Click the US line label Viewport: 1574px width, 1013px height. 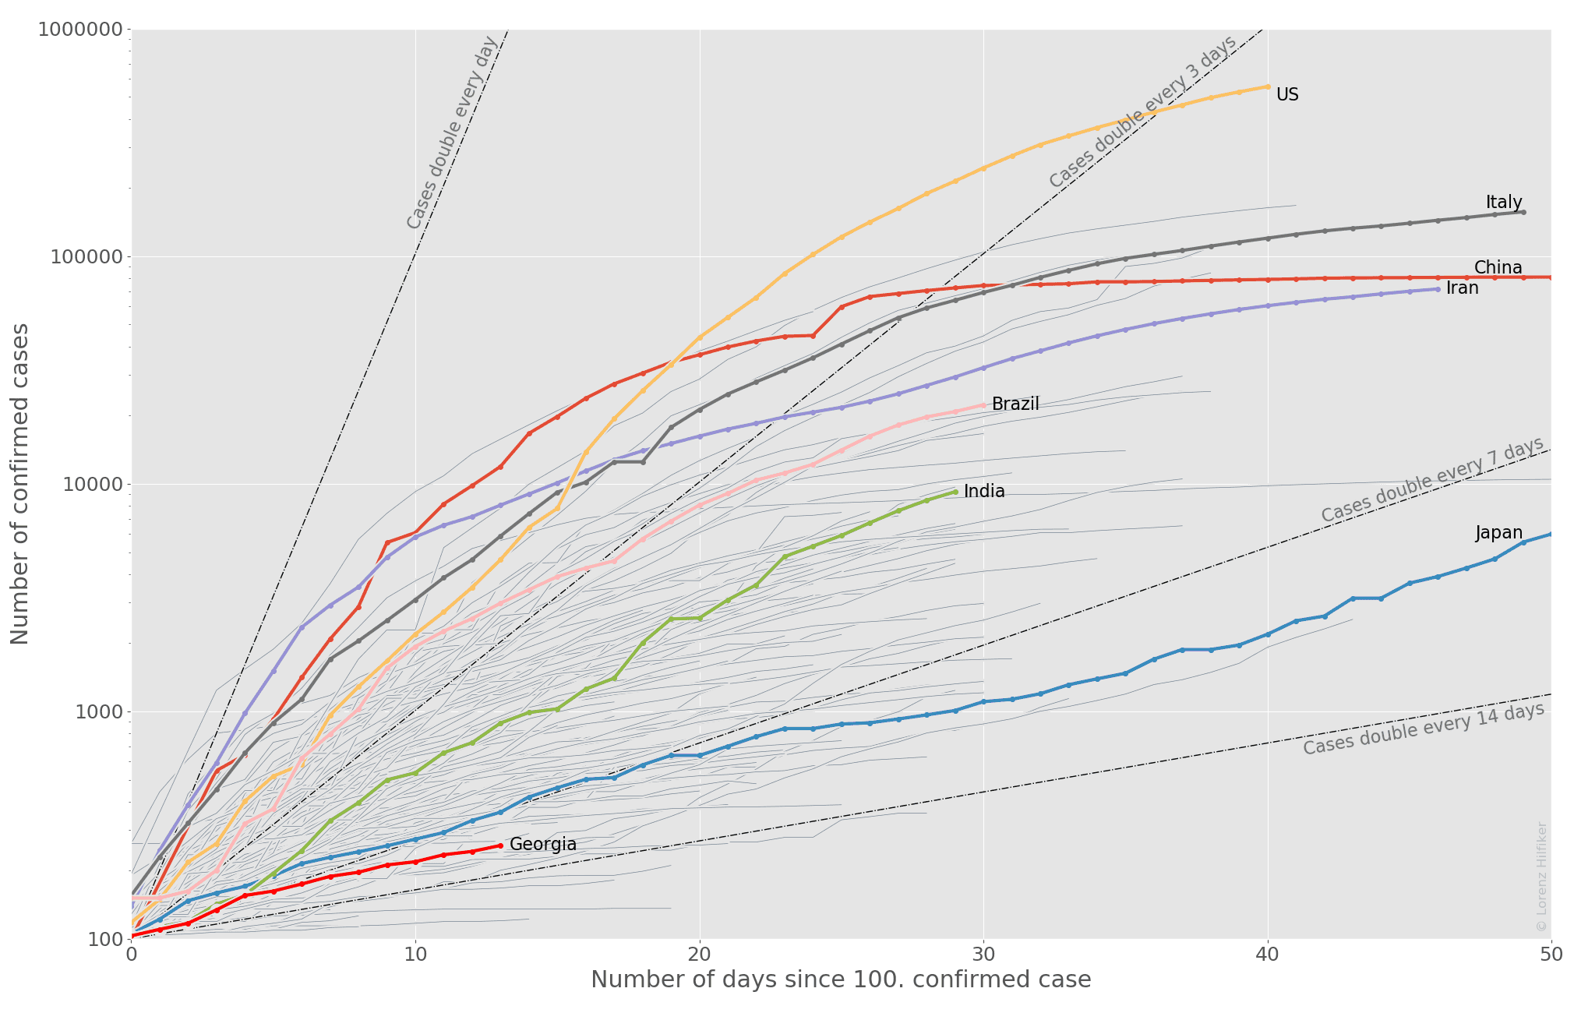(1287, 95)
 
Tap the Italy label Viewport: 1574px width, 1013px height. (1503, 203)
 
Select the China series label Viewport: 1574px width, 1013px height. (1498, 268)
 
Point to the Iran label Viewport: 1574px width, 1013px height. (1462, 288)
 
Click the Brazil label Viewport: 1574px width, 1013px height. (1015, 404)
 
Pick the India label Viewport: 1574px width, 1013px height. (984, 492)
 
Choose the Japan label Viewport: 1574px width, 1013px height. (1498, 533)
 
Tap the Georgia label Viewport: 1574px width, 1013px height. (542, 845)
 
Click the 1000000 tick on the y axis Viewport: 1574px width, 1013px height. (80, 30)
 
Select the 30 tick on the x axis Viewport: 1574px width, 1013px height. (983, 955)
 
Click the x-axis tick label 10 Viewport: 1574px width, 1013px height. (415, 955)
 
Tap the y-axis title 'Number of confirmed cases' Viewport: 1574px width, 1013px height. (19, 484)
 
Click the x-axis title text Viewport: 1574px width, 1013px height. (841, 980)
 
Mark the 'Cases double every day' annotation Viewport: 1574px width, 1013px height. (452, 132)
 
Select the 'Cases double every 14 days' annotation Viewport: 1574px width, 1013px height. (1424, 729)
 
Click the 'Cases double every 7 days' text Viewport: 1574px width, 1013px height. (1432, 480)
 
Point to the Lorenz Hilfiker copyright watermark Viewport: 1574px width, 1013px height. (1541, 876)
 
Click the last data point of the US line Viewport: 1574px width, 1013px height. (1268, 86)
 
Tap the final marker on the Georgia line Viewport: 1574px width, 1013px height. (500, 845)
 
